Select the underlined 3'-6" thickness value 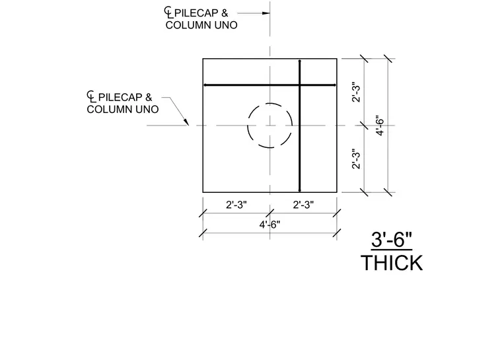[x=392, y=240]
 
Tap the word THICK [x=392, y=263]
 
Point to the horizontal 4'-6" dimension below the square [x=269, y=225]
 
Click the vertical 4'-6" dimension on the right [x=380, y=126]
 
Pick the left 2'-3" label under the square [x=236, y=205]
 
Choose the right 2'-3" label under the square [x=303, y=205]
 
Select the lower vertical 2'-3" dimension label [x=356, y=159]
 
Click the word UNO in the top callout [x=226, y=25]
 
